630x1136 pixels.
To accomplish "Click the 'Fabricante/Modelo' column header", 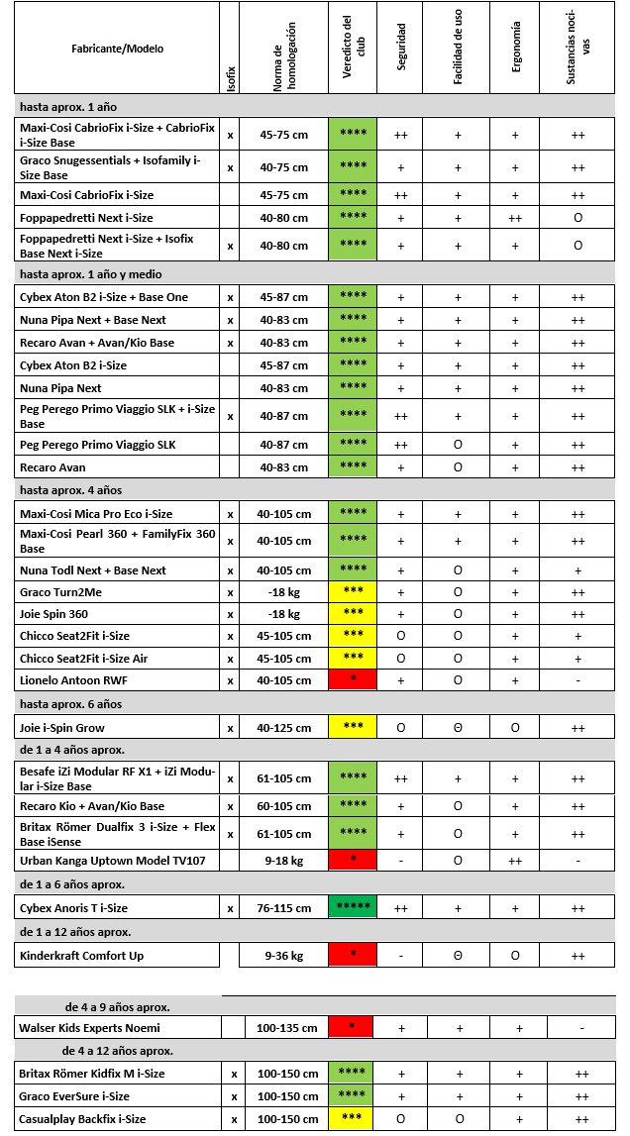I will tap(117, 49).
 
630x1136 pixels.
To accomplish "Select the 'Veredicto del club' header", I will tap(353, 49).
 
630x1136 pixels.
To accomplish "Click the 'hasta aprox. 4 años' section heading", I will tap(69, 490).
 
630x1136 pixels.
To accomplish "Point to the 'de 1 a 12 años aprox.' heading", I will tap(75, 932).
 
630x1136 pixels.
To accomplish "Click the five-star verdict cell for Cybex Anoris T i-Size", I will tap(353, 907).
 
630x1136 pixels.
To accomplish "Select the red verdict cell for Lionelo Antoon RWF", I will tap(353, 680).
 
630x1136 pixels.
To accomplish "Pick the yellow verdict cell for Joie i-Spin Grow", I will tap(353, 728).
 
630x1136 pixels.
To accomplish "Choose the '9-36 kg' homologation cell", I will tap(283, 956).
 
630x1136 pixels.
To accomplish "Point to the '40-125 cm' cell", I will tap(283, 728).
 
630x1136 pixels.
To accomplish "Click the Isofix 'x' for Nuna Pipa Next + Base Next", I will tap(230, 320).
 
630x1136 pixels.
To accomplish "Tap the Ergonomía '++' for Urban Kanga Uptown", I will tap(515, 861).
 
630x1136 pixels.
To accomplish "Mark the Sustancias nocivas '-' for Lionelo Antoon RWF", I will tap(577, 680).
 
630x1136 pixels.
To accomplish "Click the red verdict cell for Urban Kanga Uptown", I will tap(353, 860).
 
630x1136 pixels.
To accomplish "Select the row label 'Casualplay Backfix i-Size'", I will tap(82, 1119).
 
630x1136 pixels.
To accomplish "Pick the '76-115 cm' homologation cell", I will tap(283, 908).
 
